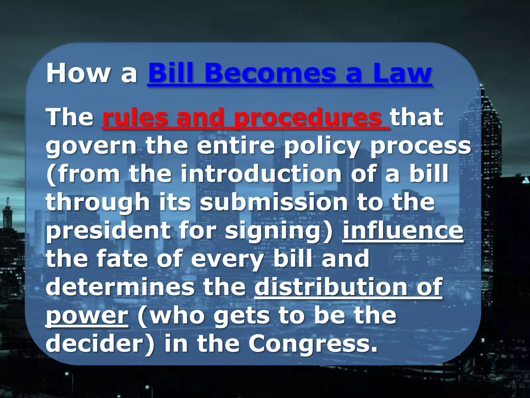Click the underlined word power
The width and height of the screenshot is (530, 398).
[x=87, y=316]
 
